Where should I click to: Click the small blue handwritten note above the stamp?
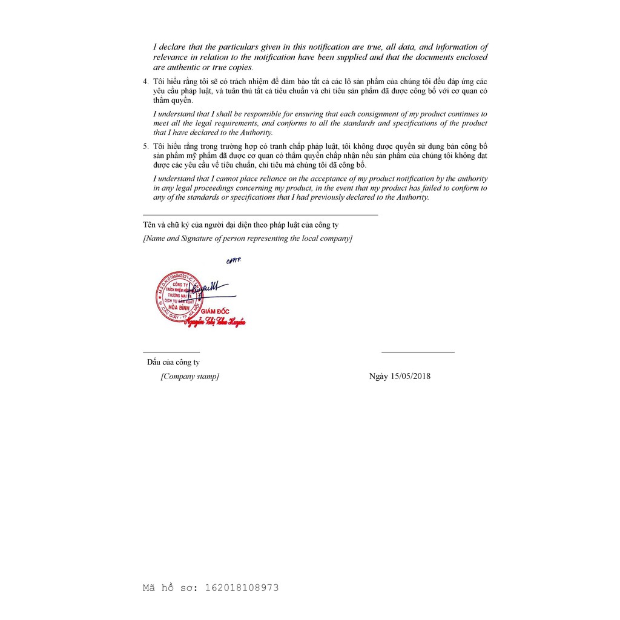click(233, 261)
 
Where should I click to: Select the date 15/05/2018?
click(411, 376)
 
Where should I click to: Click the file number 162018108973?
click(242, 587)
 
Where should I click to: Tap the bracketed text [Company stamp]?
click(190, 376)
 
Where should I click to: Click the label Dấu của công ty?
click(173, 362)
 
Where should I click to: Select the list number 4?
click(145, 82)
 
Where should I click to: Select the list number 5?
click(145, 147)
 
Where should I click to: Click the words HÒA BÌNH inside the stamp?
click(177, 307)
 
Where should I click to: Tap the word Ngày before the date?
click(379, 376)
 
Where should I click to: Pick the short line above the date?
click(418, 352)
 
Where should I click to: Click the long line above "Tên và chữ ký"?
click(260, 215)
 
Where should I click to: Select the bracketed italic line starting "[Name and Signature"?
click(247, 239)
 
